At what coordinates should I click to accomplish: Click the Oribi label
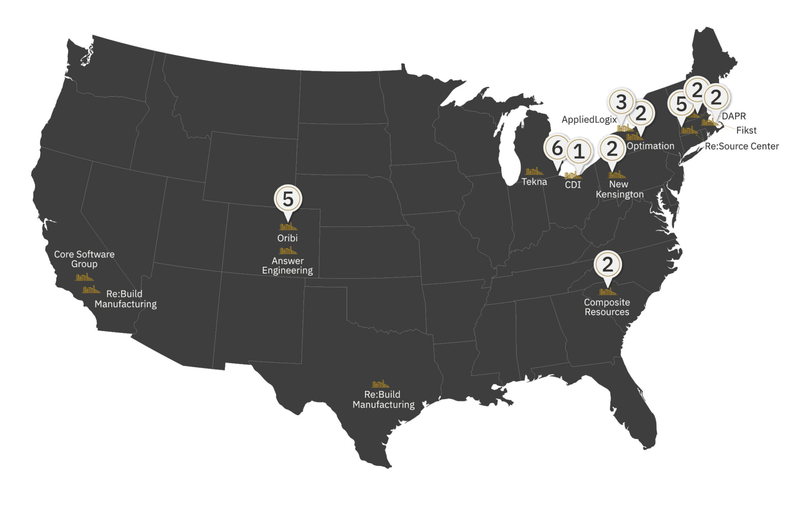[287, 238]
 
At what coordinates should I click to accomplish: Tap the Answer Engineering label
[287, 266]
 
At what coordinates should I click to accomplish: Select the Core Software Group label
[84, 259]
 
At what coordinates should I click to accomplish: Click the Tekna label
[534, 182]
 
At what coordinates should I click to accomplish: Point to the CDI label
[573, 185]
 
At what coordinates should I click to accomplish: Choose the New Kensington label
[619, 189]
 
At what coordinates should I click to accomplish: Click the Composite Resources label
[607, 307]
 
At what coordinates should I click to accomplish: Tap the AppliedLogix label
[589, 119]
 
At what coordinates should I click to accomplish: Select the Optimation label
[650, 146]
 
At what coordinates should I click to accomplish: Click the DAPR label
[734, 116]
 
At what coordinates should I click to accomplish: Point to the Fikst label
[746, 130]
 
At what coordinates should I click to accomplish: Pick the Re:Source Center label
[742, 146]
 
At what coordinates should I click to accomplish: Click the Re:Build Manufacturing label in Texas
[383, 400]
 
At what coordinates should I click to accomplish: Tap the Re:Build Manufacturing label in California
[125, 299]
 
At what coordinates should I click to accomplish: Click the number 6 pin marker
[557, 149]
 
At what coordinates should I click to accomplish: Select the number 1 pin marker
[579, 152]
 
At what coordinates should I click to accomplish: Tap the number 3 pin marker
[621, 103]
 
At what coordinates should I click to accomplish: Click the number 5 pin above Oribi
[288, 199]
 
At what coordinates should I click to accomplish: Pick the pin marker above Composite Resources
[607, 265]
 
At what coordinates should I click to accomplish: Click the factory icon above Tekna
[534, 172]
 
